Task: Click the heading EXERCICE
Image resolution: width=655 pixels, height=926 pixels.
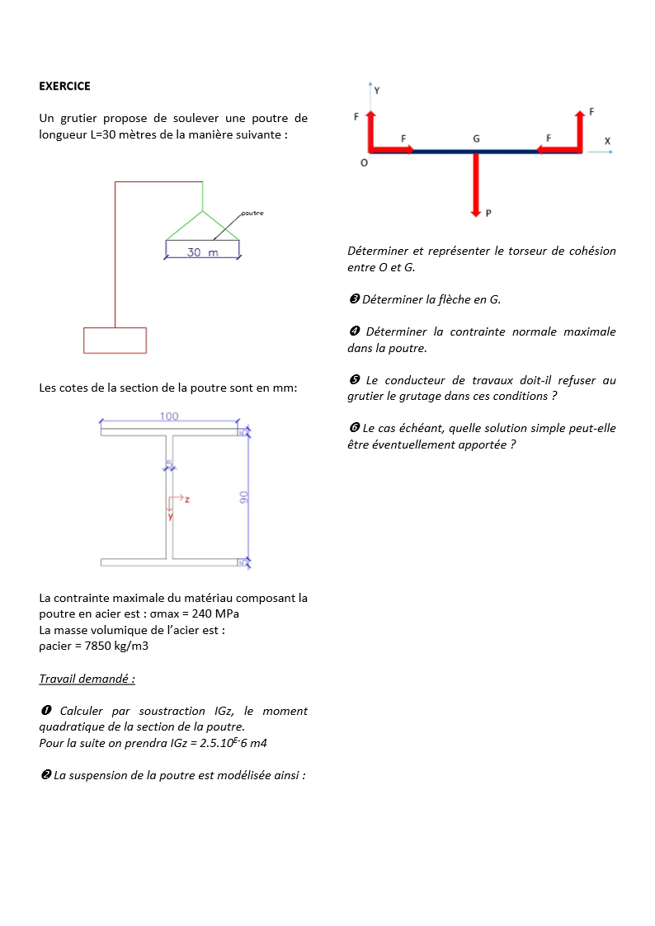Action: (x=64, y=86)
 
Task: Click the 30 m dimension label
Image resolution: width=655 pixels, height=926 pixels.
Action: (x=202, y=252)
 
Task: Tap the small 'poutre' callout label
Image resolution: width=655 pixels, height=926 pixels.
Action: (x=252, y=214)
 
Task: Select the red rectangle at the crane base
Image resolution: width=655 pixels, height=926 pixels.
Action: (x=115, y=341)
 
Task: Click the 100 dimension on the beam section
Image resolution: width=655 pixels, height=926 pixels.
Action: (x=169, y=416)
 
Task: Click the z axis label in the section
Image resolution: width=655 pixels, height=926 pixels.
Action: (x=187, y=500)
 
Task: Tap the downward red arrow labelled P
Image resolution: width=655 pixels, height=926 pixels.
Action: (x=476, y=185)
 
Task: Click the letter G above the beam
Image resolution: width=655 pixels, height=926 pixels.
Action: (x=476, y=139)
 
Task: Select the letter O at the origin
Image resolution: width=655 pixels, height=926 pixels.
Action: (x=364, y=163)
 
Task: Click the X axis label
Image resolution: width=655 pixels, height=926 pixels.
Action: (x=607, y=141)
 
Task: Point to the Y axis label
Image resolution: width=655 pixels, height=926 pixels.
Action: (x=377, y=90)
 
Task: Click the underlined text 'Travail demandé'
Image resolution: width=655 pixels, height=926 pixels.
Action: (x=87, y=679)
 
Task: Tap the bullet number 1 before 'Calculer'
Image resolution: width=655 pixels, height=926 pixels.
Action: (x=46, y=711)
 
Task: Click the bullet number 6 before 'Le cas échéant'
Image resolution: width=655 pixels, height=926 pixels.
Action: (x=354, y=429)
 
